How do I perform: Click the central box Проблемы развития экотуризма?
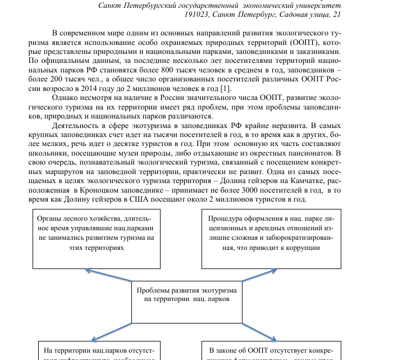(x=186, y=295)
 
